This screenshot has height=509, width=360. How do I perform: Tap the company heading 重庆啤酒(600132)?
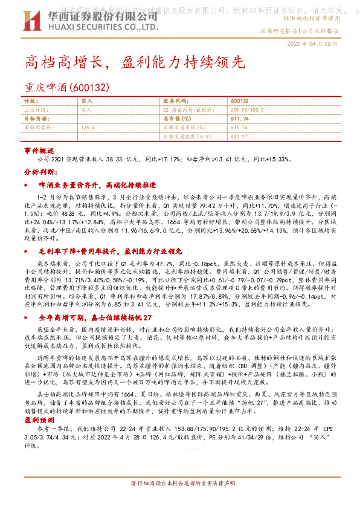click(66, 88)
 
